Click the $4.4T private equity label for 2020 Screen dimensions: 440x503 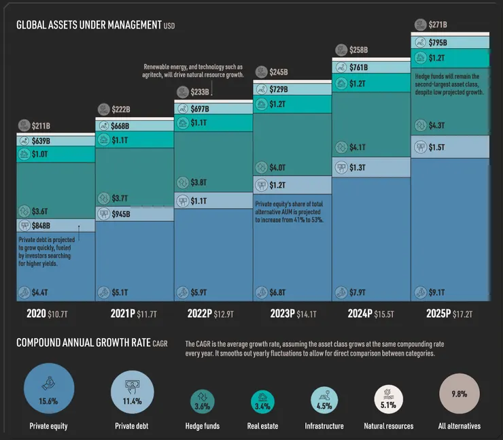pos(39,293)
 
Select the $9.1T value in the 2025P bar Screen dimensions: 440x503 pos(436,293)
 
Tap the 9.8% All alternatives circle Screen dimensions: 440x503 pos(459,393)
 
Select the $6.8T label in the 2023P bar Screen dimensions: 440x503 pos(277,293)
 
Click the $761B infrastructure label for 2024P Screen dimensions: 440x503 pos(358,67)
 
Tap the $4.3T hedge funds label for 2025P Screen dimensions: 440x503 pos(436,126)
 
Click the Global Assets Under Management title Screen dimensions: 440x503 pos(89,25)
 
